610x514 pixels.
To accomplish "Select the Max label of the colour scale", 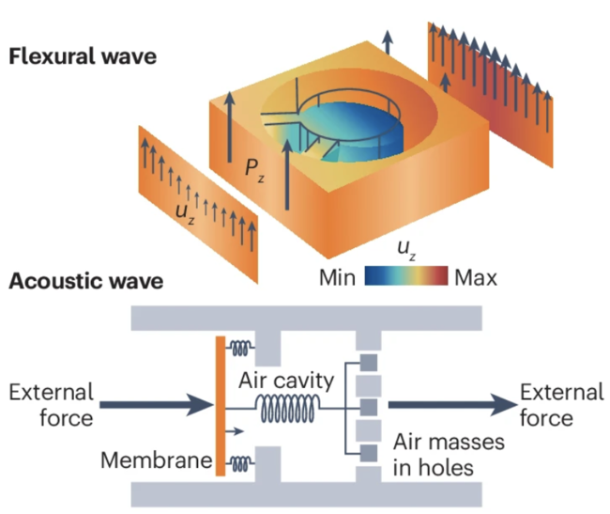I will [476, 278].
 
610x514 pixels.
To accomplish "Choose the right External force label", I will [561, 404].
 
